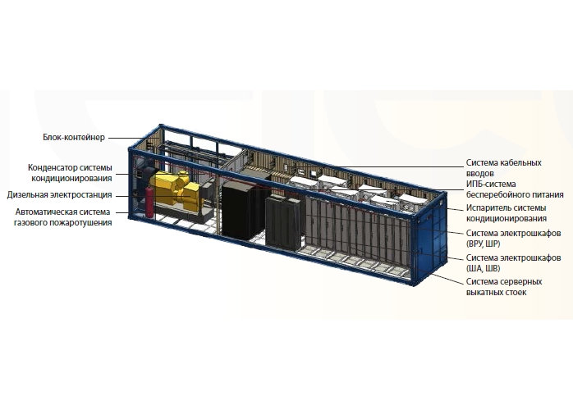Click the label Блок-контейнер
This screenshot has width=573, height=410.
pos(74,137)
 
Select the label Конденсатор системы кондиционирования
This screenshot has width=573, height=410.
pos(70,173)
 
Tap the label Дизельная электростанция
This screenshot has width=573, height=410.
pos(60,194)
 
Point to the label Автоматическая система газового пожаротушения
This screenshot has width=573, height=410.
pos(63,216)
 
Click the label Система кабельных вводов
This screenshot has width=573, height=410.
pos(503,167)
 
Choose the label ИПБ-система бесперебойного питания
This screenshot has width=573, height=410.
pos(515,189)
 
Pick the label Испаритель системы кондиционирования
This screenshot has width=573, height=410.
pos(507,213)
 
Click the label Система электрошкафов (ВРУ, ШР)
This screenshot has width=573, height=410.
pos(513,238)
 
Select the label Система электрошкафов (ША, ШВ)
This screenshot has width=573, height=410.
pos(513,263)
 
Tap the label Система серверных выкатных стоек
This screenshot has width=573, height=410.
pos(504,287)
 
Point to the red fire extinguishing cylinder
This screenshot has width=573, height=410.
pos(150,203)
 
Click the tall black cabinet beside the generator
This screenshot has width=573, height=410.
pos(241,210)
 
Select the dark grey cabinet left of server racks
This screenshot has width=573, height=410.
pos(282,222)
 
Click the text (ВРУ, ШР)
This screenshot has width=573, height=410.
pos(483,244)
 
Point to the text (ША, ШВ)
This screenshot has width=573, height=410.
pos(483,268)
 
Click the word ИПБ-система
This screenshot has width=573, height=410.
pos(491,184)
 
